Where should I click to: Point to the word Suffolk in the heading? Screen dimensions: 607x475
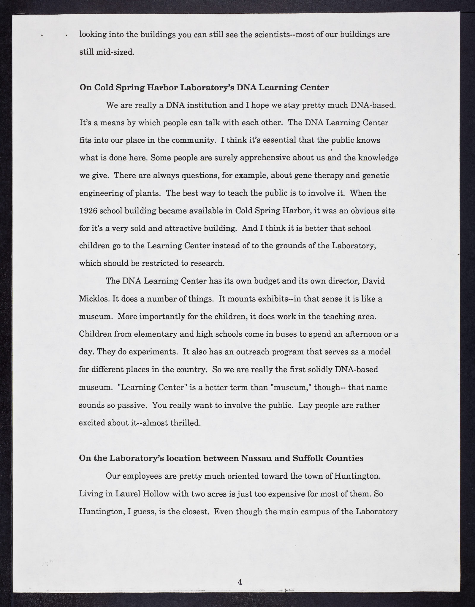307,458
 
